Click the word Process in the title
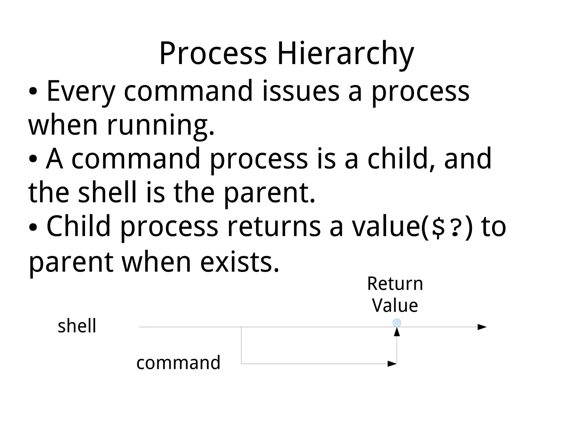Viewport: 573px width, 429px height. coord(213,53)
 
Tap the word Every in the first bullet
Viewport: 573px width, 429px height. coord(81,91)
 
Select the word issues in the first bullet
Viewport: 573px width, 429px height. coord(301,91)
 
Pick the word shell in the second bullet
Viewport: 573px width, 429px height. coord(107,193)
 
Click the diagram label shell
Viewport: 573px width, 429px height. coord(77,326)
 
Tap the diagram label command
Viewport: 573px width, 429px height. coord(178,362)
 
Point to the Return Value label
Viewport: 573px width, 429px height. coord(395,294)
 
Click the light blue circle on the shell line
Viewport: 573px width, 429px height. coord(397,323)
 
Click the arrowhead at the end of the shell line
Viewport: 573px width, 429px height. coord(482,327)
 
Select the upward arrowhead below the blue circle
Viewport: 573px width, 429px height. coord(397,332)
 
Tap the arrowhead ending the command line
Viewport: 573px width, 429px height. coord(392,364)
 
